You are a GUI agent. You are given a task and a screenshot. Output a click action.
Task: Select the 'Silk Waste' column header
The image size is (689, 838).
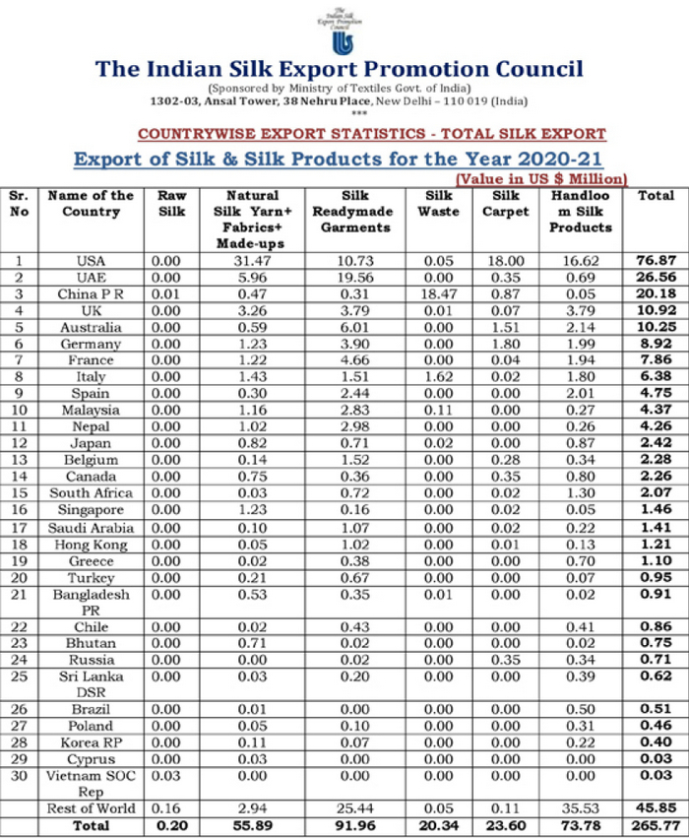[438, 203]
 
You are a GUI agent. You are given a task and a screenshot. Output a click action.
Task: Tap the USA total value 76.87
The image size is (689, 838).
[656, 260]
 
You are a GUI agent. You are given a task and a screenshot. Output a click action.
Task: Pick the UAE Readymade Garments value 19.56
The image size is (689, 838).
[352, 277]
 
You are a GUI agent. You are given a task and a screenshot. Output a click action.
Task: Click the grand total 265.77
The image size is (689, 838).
[656, 824]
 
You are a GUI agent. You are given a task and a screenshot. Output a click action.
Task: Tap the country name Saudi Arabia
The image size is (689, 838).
[91, 527]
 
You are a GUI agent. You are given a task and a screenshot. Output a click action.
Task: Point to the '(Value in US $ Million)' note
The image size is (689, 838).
[541, 178]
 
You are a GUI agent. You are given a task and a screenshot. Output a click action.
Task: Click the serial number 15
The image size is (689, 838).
[19, 493]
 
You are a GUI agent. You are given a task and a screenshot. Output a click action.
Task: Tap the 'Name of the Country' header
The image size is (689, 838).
[91, 203]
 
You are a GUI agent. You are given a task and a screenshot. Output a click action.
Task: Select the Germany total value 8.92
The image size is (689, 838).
[656, 344]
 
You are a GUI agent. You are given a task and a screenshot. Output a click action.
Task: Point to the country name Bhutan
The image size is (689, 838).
[91, 643]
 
